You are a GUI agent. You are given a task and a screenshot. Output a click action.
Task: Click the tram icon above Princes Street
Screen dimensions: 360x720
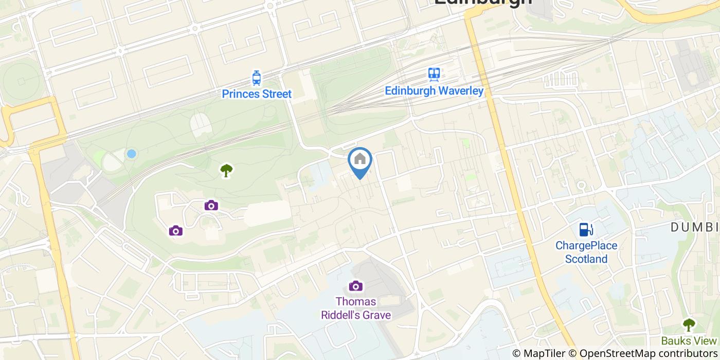(257, 78)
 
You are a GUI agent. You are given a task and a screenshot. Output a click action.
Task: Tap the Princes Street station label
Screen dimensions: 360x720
(257, 94)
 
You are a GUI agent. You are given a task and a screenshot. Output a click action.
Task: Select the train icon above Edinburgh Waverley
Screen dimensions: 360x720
(435, 75)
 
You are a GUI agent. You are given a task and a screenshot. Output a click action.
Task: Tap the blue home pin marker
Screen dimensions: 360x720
(360, 160)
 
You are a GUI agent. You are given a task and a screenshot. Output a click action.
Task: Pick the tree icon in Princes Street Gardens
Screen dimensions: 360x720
(226, 170)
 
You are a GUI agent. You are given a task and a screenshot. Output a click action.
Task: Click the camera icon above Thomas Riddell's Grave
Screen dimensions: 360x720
(355, 285)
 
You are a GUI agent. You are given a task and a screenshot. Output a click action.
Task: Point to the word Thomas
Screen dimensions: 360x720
(356, 302)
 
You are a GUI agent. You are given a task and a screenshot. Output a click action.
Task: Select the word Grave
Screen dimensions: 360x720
(376, 315)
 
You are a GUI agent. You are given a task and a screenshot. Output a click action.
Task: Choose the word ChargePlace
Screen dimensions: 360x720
(586, 246)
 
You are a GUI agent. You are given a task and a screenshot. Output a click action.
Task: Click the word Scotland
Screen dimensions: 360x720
(586, 259)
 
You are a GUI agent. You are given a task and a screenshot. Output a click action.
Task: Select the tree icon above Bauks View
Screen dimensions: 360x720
(688, 325)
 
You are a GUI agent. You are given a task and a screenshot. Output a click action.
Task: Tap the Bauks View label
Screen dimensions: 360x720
(689, 341)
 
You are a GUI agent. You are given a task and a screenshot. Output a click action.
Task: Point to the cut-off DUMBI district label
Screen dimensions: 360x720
(694, 227)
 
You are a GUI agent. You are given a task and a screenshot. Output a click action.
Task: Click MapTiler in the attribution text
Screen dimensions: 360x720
(544, 353)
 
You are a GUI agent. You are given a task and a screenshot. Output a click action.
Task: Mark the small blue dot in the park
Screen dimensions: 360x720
(132, 153)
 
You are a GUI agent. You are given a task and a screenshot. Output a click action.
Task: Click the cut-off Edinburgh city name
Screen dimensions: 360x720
(483, 2)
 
